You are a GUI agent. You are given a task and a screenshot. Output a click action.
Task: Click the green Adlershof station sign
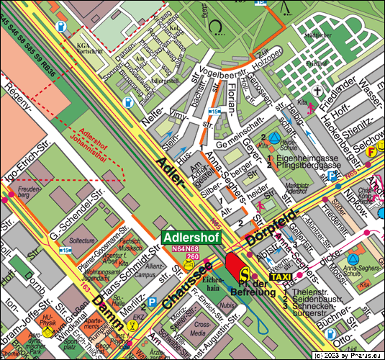pos(191,237)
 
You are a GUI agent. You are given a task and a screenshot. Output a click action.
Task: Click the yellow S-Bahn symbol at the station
pos(245,274)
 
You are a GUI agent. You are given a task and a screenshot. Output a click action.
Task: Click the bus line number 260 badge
pos(193,256)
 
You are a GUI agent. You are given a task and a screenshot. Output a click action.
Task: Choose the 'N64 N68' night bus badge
pos(185,249)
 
